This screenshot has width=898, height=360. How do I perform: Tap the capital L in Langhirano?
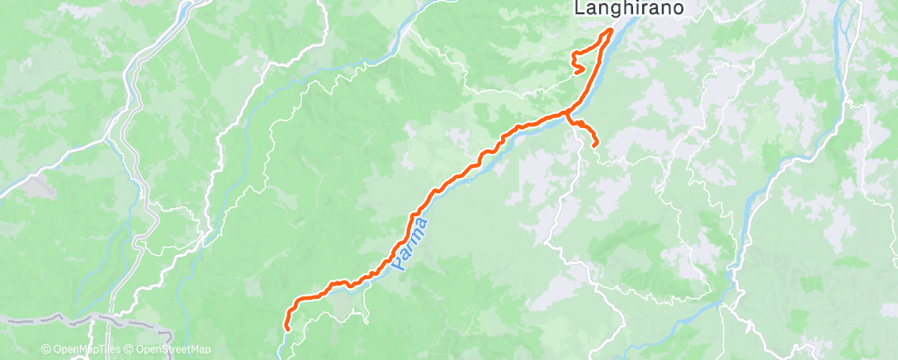579,8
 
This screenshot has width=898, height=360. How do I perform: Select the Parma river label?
410,244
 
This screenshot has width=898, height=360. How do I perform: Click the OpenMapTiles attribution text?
82,349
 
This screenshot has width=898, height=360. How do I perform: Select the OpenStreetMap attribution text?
169,349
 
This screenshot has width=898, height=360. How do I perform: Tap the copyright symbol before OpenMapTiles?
45,349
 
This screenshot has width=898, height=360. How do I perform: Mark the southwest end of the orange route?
286,328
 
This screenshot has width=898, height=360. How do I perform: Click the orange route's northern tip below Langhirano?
612,30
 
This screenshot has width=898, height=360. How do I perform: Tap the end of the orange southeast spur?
595,145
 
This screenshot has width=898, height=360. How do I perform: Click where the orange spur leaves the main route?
567,113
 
